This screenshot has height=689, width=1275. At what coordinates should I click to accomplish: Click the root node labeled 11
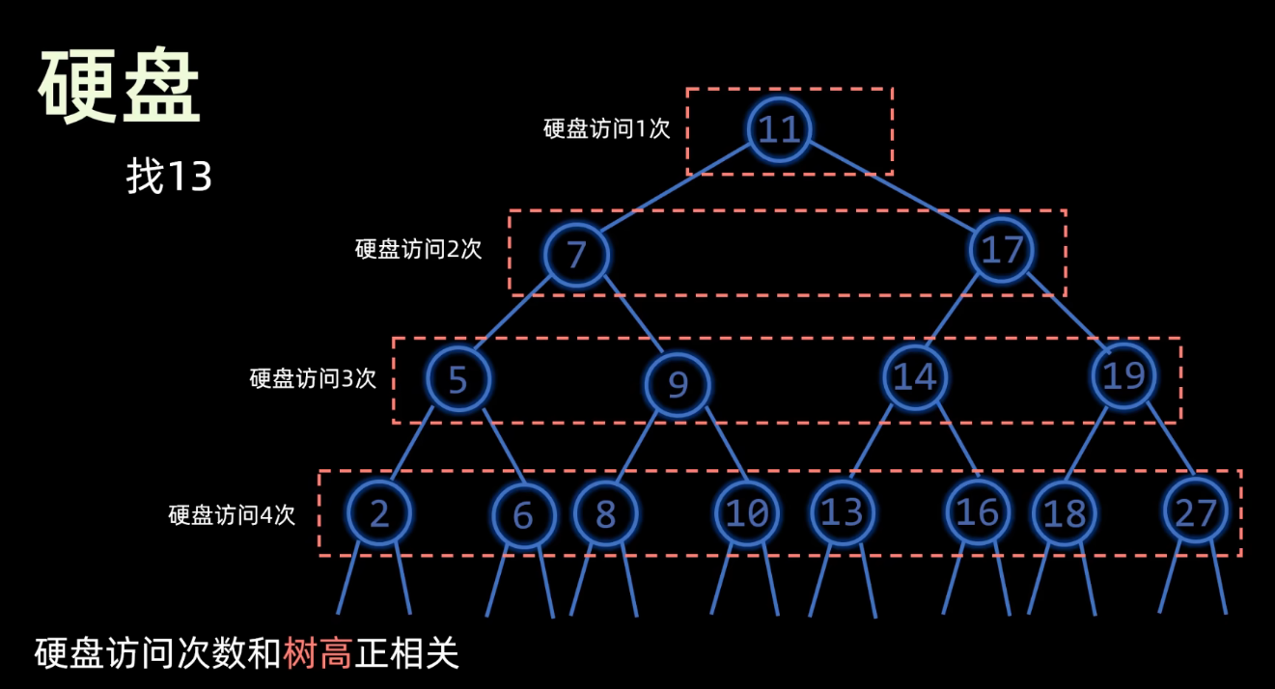coord(778,128)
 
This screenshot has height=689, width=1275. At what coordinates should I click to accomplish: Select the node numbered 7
coord(576,254)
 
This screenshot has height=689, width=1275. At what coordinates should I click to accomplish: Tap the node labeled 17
coord(1001,250)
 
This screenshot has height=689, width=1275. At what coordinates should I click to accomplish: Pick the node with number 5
coord(457,379)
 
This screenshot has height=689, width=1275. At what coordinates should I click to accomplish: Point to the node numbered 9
coord(678,385)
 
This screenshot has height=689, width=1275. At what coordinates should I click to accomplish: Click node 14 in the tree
coord(914,376)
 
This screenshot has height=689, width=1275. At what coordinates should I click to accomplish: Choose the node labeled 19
coord(1124,374)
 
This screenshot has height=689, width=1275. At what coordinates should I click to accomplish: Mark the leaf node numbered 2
coord(379,513)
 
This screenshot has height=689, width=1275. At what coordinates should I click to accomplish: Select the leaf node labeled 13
coord(842,511)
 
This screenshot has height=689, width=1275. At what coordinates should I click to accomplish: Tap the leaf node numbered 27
coord(1196,511)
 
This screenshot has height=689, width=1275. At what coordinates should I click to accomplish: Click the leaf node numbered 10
coord(746,513)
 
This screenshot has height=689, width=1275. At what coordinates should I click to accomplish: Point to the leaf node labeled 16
coord(977,512)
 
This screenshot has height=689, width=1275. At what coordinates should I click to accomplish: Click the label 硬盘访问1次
coord(606,129)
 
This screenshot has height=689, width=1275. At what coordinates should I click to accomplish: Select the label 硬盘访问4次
coord(231,514)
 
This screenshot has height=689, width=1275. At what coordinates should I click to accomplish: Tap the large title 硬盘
coord(120,88)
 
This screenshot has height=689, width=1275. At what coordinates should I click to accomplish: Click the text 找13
coord(169,178)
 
